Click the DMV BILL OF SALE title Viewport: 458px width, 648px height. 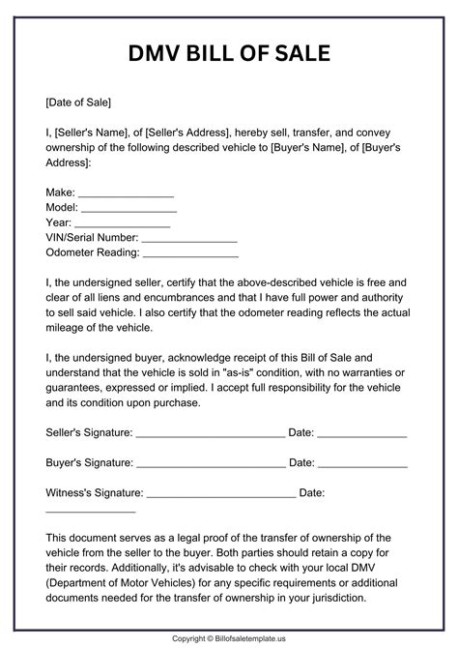point(229,52)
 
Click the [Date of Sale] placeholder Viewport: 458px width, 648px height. point(78,102)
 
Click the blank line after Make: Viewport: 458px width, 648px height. point(126,192)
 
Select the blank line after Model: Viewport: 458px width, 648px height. point(129,208)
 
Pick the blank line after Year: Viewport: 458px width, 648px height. point(123,223)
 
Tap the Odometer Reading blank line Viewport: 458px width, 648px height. point(190,253)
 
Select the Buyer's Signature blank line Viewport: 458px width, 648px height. point(211,463)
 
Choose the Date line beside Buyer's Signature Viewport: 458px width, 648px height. point(362,463)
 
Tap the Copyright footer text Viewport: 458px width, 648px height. point(229,638)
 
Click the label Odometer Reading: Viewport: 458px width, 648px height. point(92,253)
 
